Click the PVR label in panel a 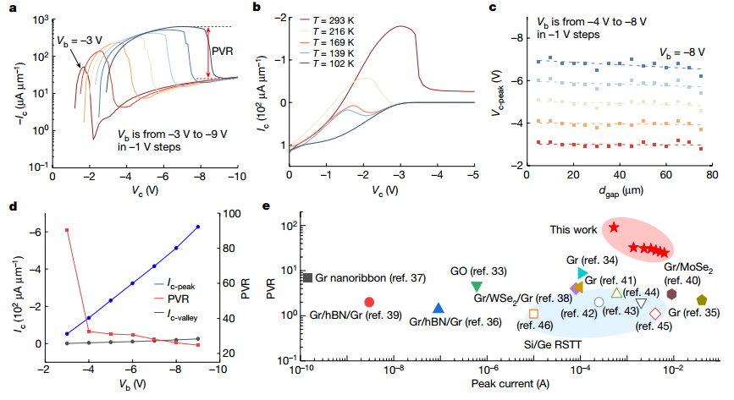221,51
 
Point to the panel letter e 268,205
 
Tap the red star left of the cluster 613,227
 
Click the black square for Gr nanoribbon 308,277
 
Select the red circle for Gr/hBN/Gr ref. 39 369,302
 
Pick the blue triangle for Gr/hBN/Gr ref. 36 438,310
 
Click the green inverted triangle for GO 477,287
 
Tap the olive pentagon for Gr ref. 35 702,300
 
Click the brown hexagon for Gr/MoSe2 671,293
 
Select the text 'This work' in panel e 572,229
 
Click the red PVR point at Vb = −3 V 67,230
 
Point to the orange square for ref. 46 533,313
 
